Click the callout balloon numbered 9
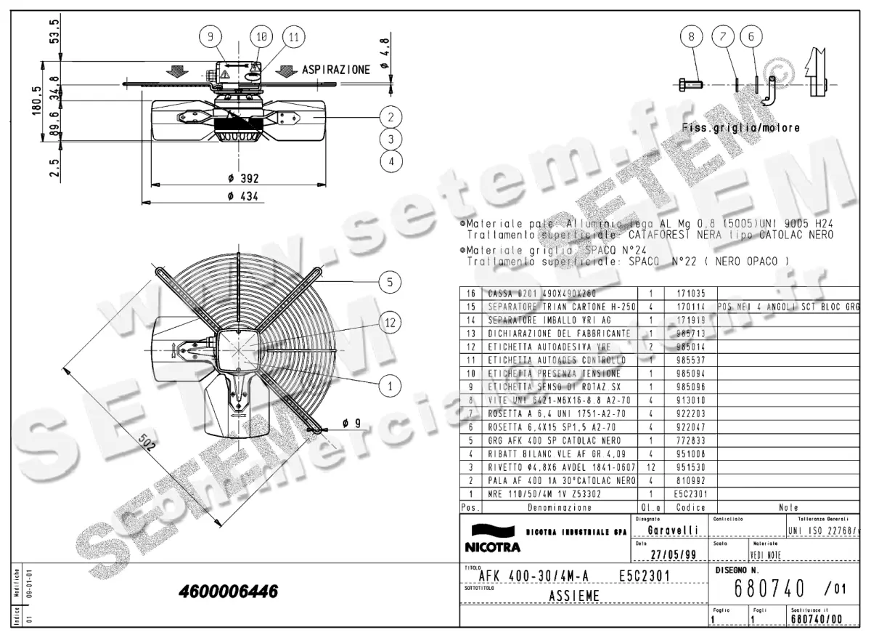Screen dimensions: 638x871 pyautogui.click(x=210, y=36)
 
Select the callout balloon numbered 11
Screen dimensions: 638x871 pyautogui.click(x=293, y=36)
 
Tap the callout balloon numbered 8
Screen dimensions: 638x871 pyautogui.click(x=692, y=36)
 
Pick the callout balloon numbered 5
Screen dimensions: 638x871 pyautogui.click(x=390, y=282)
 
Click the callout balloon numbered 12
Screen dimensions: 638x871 pyautogui.click(x=390, y=321)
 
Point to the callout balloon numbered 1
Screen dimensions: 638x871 pyautogui.click(x=390, y=386)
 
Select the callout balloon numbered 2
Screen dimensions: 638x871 pyautogui.click(x=390, y=116)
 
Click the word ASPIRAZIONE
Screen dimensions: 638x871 pyautogui.click(x=336, y=70)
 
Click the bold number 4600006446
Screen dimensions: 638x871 pyautogui.click(x=228, y=591)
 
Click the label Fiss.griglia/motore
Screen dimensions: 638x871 pyautogui.click(x=741, y=128)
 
